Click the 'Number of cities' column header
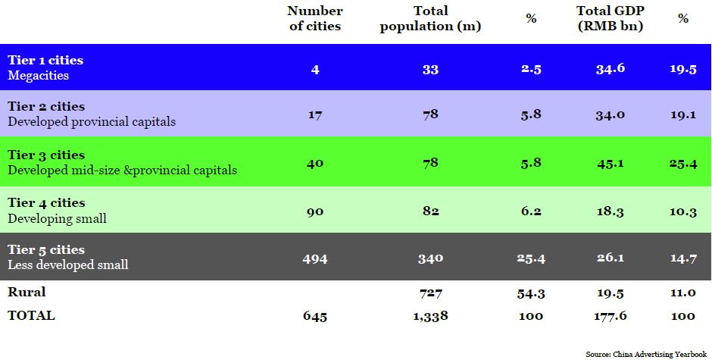tap(315, 18)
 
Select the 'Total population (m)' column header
tap(431, 18)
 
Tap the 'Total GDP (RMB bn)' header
tap(609, 18)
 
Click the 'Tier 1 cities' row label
tap(45, 60)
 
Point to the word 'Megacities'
tap(39, 75)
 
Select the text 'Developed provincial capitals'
tap(92, 121)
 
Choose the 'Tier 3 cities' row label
tap(46, 155)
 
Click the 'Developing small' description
tap(57, 218)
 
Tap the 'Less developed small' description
tap(68, 265)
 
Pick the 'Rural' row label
tap(27, 292)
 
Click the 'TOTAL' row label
tap(31, 315)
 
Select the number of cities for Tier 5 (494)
tap(315, 258)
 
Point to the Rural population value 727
tap(431, 293)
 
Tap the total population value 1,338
tap(431, 316)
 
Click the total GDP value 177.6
tap(611, 316)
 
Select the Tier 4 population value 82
tap(431, 211)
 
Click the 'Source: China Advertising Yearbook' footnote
tap(648, 354)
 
